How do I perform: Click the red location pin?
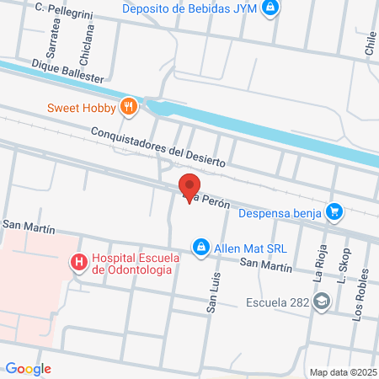coord(189,187)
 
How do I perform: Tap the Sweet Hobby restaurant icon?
coord(128,106)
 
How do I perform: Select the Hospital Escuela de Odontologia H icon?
coord(78,264)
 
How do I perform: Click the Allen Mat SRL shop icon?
coord(200,246)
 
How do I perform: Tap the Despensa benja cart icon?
coord(334,212)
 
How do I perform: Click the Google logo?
coord(27,368)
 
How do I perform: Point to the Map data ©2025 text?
coord(343,372)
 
